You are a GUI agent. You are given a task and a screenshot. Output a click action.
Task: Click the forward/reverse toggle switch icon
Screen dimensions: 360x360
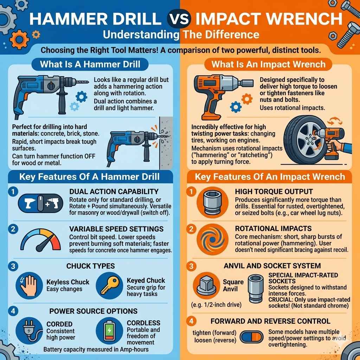click(251, 337)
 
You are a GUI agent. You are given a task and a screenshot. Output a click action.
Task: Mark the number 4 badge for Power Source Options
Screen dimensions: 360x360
click(13, 311)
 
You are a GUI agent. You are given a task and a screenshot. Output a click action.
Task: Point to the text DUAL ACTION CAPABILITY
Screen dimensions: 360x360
click(114, 192)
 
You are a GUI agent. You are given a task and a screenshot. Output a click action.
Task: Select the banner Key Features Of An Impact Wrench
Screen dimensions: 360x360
click(270, 176)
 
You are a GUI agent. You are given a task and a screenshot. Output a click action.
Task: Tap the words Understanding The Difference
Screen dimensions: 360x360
click(180, 35)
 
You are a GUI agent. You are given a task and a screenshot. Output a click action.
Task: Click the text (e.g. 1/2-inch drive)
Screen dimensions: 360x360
click(216, 305)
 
